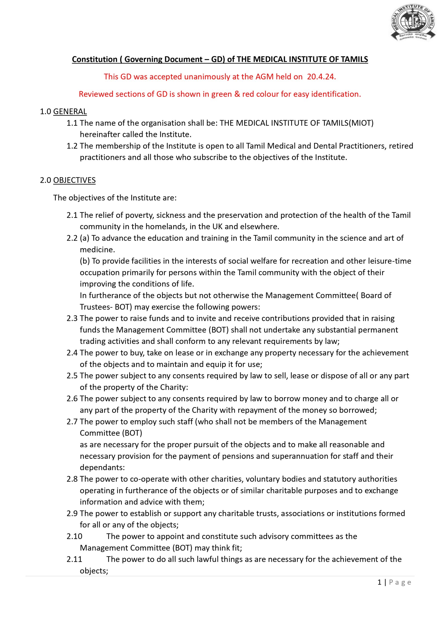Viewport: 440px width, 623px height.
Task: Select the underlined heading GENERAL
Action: point(70,111)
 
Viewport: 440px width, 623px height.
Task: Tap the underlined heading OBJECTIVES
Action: point(74,180)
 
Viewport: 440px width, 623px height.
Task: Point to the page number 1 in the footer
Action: point(379,582)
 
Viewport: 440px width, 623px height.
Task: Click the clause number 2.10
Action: point(75,536)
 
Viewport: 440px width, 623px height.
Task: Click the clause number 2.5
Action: point(72,376)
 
